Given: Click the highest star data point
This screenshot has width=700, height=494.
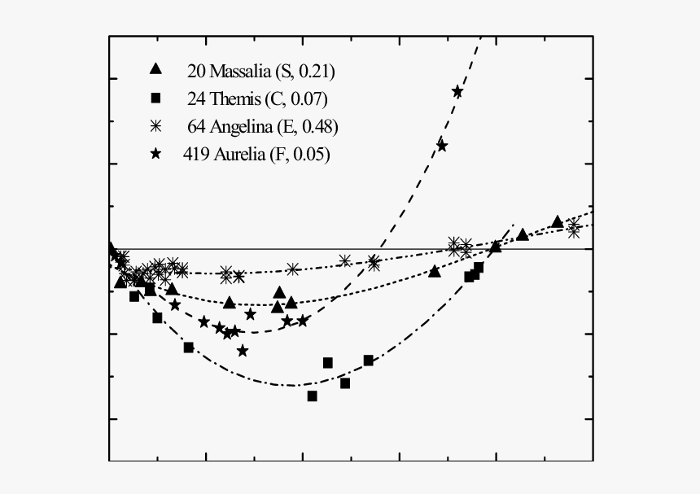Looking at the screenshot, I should tap(457, 91).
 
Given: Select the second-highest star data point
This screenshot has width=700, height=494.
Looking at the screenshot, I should tap(442, 146).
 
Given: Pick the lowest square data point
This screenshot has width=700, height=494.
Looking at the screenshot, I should tap(312, 396).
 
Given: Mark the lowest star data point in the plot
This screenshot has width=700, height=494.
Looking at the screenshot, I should tap(243, 351).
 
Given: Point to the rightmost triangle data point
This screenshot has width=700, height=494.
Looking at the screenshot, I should tap(557, 221).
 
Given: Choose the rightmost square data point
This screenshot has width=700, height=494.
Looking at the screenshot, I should tap(479, 267).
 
